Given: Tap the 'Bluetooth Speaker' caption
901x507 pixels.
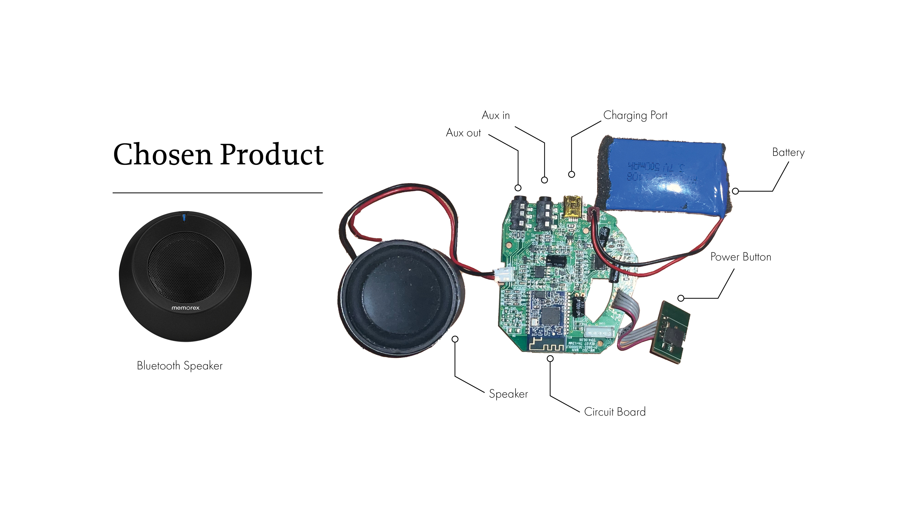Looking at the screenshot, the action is [179, 366].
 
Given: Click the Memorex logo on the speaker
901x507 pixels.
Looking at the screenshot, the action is [185, 308].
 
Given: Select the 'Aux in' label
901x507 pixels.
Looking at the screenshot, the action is [496, 115].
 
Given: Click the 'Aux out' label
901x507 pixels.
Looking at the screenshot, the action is [463, 133].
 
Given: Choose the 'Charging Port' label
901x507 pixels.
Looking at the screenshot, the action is [635, 115].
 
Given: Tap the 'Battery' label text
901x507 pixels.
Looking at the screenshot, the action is [788, 153].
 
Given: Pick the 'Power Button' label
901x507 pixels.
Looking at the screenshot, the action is [741, 257].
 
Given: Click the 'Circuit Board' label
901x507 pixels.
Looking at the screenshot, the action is [615, 412].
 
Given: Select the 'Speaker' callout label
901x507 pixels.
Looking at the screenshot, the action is [508, 394].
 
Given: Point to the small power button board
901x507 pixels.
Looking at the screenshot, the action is [670, 332].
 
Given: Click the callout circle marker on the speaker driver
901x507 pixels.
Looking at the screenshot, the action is [455, 339].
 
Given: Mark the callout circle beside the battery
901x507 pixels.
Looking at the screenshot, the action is [736, 191].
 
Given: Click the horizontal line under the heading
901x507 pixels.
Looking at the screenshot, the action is [217, 193].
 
